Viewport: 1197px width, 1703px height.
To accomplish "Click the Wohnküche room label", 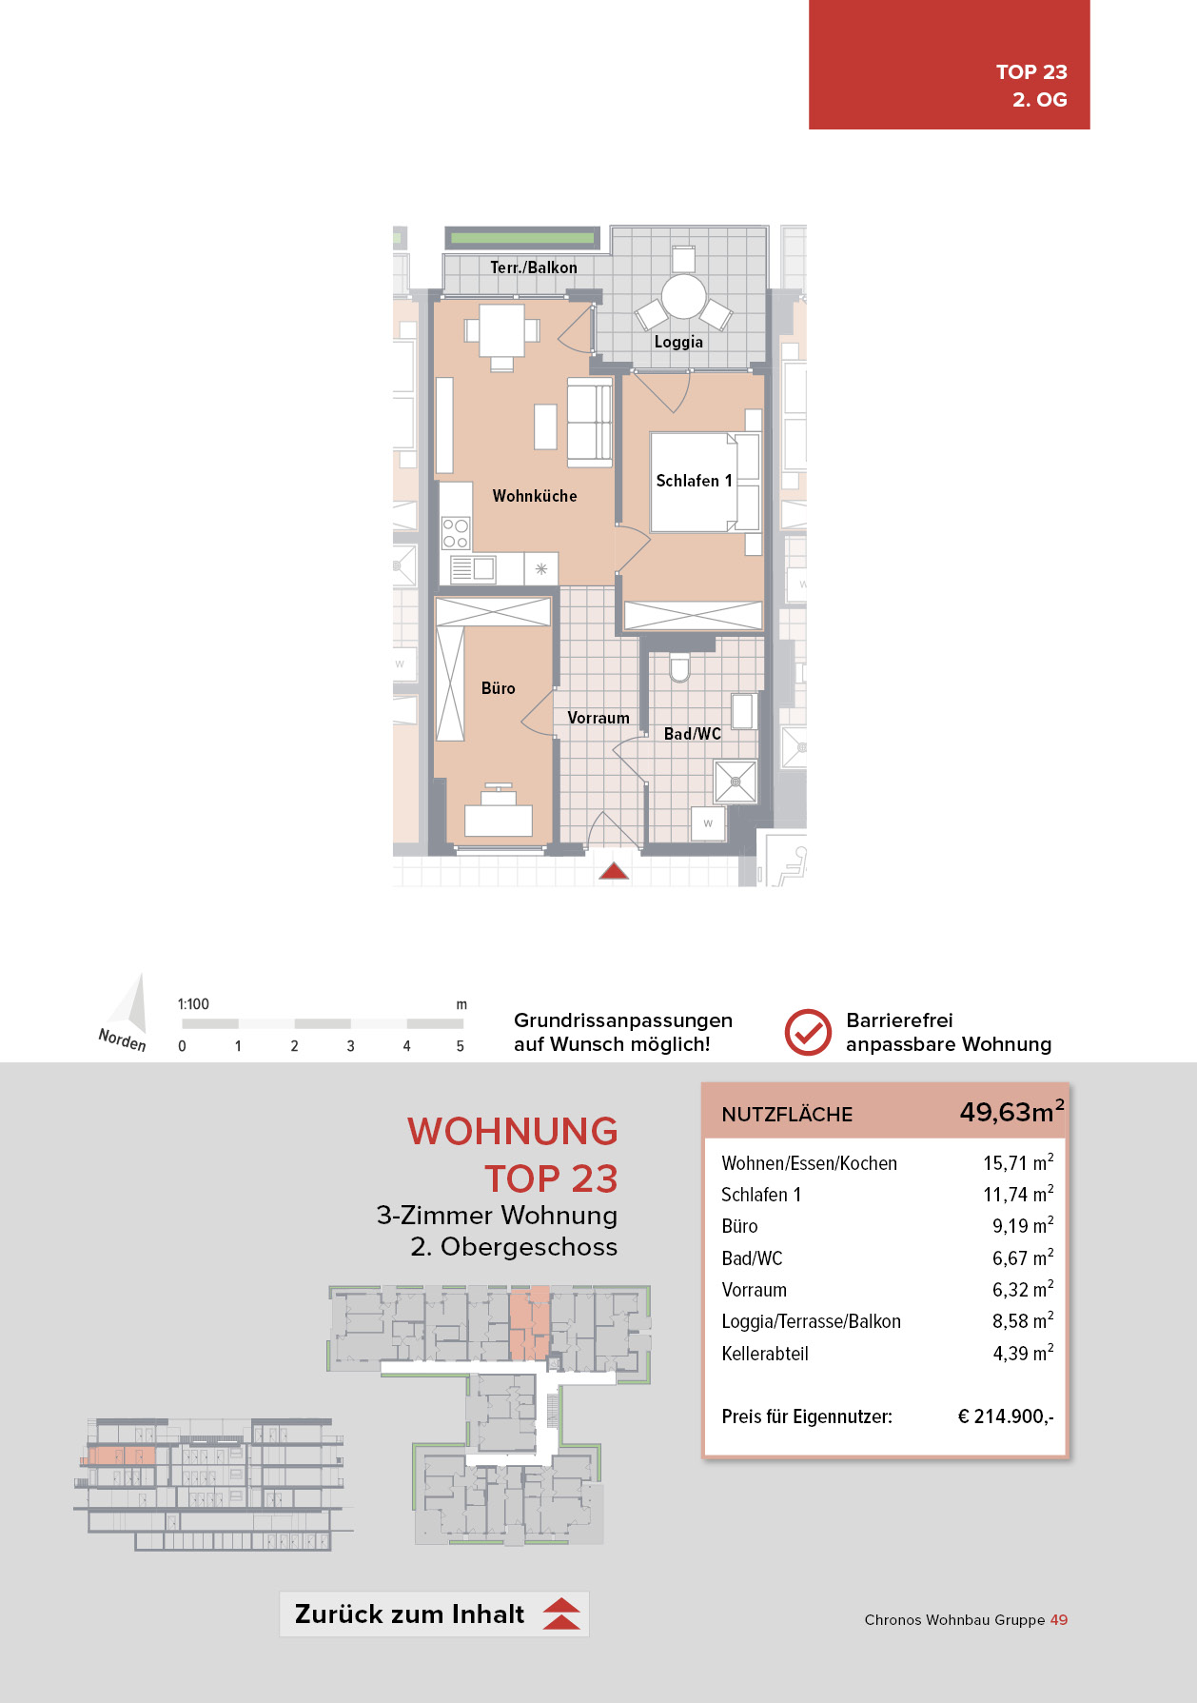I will [534, 496].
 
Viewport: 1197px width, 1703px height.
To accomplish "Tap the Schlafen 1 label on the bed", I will [694, 481].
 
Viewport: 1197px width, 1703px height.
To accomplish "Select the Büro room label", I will [498, 688].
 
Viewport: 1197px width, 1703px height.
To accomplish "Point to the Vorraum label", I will [598, 718].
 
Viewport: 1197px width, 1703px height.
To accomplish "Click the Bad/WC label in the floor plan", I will [692, 734].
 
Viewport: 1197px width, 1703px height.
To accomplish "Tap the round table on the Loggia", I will [683, 296].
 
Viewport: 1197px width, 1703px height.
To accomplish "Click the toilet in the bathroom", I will [679, 668].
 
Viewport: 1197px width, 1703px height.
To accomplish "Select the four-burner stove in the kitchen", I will [456, 533].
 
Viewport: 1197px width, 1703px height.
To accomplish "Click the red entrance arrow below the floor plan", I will [614, 870].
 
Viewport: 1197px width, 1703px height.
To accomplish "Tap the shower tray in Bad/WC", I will [736, 782].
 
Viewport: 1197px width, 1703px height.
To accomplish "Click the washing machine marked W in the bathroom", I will [708, 822].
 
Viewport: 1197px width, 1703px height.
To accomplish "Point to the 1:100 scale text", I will [193, 1004].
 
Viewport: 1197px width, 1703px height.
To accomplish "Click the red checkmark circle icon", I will [808, 1032].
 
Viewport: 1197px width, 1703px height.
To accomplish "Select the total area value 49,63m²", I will [1011, 1112].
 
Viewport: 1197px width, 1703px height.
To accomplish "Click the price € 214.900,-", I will [1005, 1416].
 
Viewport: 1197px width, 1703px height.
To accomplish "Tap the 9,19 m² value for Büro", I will [1022, 1226].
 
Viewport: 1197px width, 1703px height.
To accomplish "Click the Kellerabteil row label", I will [764, 1354].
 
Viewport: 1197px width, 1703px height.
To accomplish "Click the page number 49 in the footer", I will [1058, 1619].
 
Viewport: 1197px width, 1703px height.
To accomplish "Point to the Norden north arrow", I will [128, 1015].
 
